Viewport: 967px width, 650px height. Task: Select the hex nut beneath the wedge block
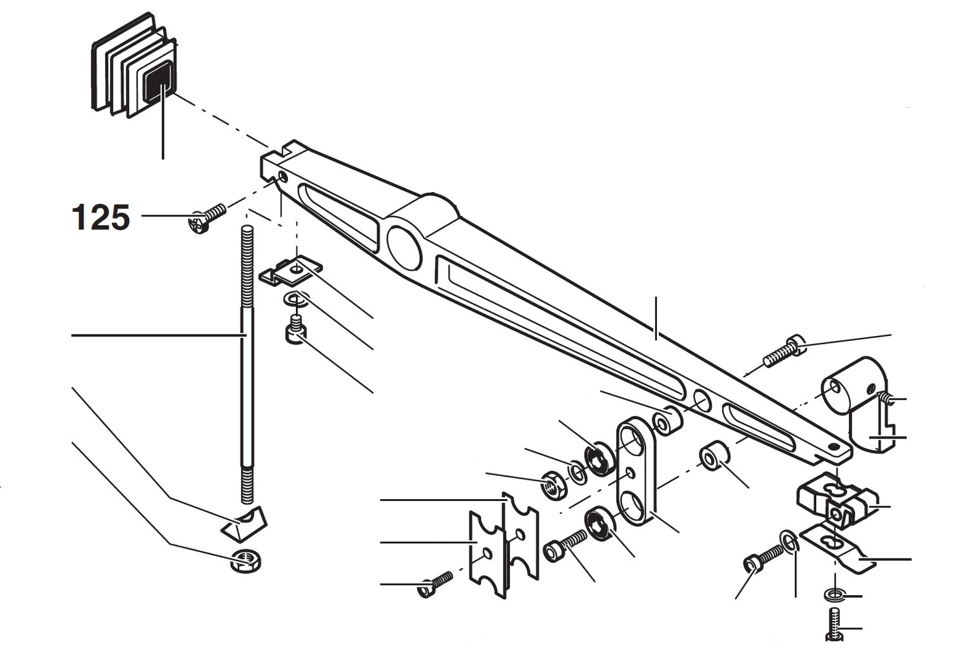(x=246, y=561)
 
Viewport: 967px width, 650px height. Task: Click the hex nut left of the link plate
(x=554, y=484)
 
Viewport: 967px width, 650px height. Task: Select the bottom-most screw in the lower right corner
(x=834, y=625)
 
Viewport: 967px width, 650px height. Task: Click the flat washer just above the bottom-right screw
(x=834, y=594)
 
